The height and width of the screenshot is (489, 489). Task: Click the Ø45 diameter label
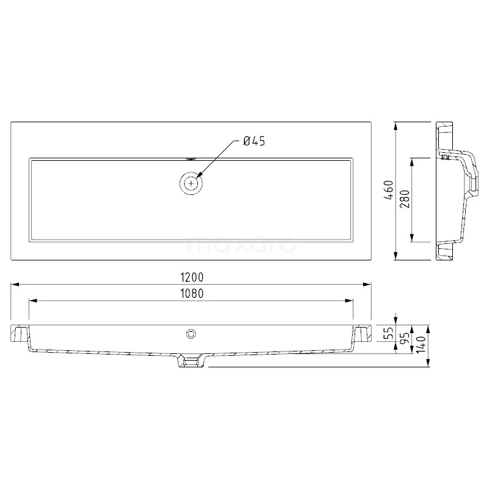tap(253, 141)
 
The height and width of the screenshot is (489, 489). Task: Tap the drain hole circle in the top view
tap(192, 183)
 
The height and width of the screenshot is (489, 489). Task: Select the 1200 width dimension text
tap(192, 278)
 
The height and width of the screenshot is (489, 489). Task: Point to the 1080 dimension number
tap(192, 293)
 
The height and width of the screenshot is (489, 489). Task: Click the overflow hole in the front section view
tap(191, 333)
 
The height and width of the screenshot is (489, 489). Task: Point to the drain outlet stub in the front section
tap(191, 362)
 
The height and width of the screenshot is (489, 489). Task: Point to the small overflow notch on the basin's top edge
tap(192, 159)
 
